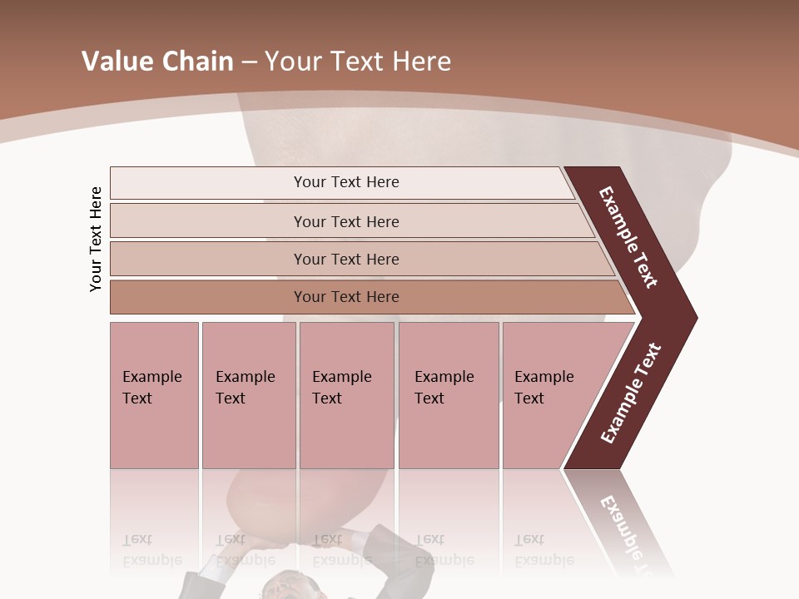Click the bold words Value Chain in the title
(x=157, y=62)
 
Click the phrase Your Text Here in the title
(x=358, y=62)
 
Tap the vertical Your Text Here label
(x=96, y=240)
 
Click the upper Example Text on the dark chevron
(x=628, y=237)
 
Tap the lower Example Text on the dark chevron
(x=630, y=394)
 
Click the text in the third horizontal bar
(x=346, y=260)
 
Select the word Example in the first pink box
(x=151, y=377)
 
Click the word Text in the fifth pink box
(x=529, y=399)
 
